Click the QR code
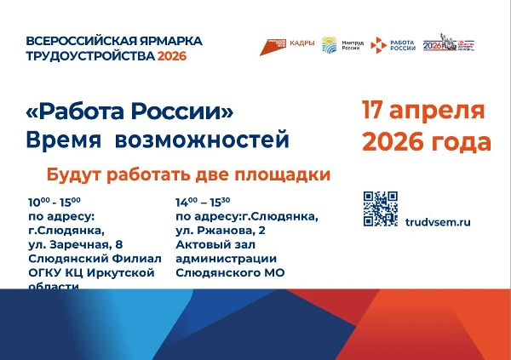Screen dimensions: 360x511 tap(381, 208)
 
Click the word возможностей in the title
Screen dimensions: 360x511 tap(223, 139)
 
